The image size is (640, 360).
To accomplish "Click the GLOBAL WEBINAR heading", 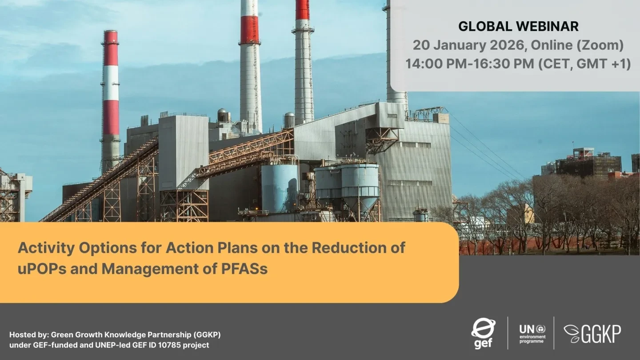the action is click(x=518, y=27).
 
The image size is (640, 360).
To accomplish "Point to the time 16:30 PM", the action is click(x=504, y=64).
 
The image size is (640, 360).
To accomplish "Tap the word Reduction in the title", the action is click(x=346, y=248).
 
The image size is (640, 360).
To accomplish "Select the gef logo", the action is click(x=483, y=333).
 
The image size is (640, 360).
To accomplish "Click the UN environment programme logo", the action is click(x=532, y=334).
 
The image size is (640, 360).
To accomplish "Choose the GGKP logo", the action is click(x=592, y=333).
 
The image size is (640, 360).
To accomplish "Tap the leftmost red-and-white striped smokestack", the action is click(x=111, y=100).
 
